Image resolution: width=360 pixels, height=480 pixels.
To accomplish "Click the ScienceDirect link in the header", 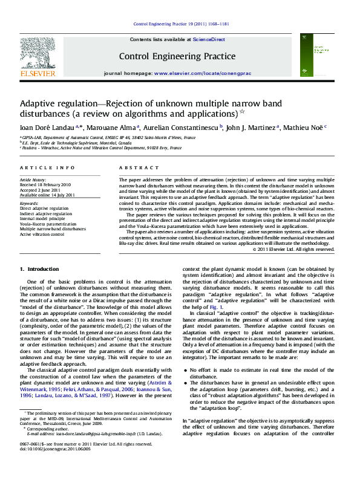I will point(209,39).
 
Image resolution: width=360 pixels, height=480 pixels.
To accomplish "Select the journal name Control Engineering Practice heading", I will point(177,56).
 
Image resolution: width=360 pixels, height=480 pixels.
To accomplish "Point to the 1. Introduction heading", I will point(39,268).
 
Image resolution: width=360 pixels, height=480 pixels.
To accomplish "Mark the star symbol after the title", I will point(243,111).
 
